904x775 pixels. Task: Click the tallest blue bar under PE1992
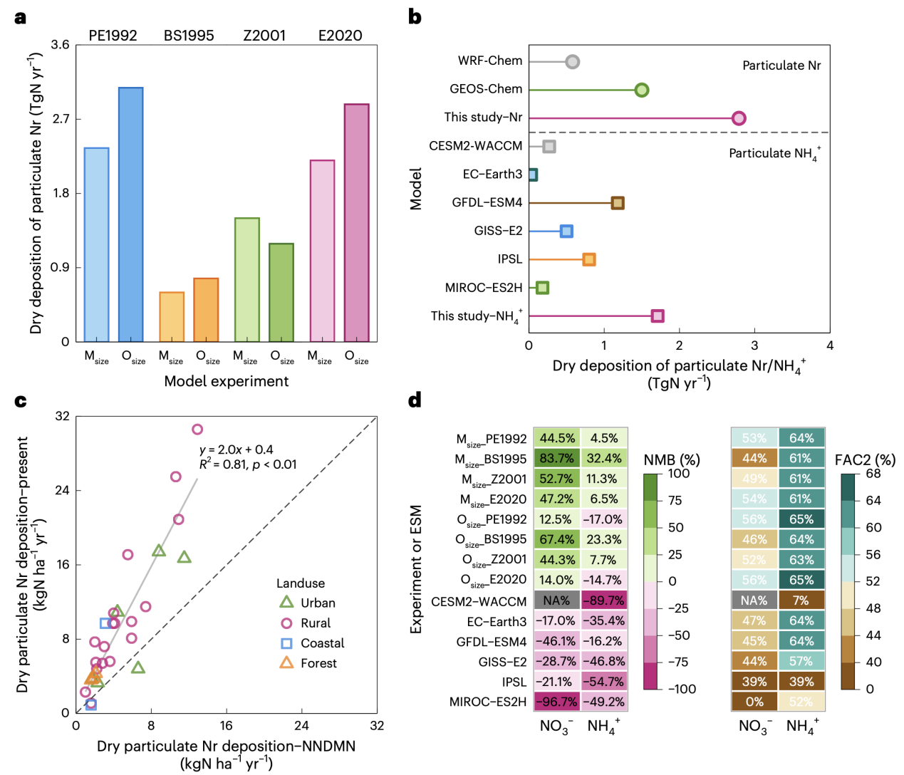[x=130, y=214]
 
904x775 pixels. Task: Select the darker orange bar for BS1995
[x=206, y=310]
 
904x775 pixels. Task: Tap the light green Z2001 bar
[x=247, y=279]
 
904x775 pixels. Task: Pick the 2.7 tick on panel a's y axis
[x=61, y=119]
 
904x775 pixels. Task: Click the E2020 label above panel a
[x=341, y=36]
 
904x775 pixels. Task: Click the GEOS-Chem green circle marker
[x=642, y=90]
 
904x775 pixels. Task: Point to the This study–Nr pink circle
[x=739, y=118]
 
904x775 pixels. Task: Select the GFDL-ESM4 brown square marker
[x=618, y=203]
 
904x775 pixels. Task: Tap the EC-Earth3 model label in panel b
[x=492, y=174]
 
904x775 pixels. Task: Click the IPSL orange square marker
[x=589, y=259]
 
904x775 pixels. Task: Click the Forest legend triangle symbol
[x=286, y=662]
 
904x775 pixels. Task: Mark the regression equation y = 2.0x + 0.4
[x=237, y=449]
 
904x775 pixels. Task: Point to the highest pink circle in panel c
[x=197, y=429]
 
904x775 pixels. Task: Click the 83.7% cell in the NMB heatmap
[x=556, y=458]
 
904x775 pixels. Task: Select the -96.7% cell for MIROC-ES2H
[x=556, y=702]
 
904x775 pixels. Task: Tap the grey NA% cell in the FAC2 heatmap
[x=754, y=600]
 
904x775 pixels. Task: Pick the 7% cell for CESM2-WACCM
[x=801, y=600]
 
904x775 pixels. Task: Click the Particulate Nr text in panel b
[x=781, y=66]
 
